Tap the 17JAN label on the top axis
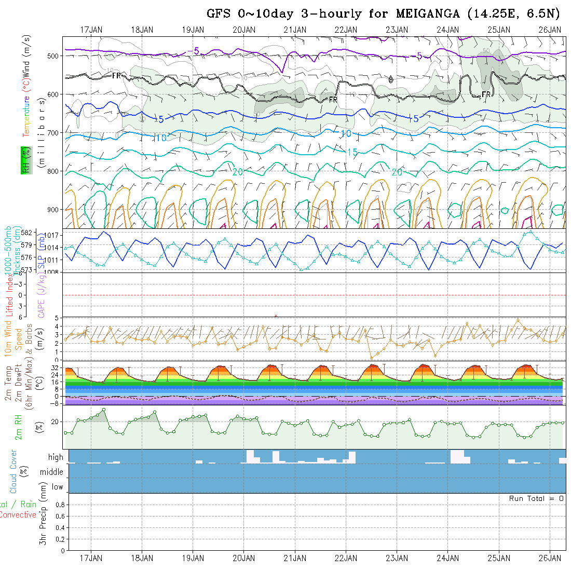click(x=91, y=30)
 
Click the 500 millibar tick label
click(x=54, y=56)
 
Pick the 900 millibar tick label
click(x=54, y=210)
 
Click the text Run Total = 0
click(x=536, y=498)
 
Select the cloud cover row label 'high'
click(x=56, y=457)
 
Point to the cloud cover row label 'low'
click(x=57, y=487)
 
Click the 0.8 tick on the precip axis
click(x=59, y=505)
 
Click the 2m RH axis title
click(x=18, y=427)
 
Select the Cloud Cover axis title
click(x=13, y=471)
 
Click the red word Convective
click(x=18, y=515)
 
